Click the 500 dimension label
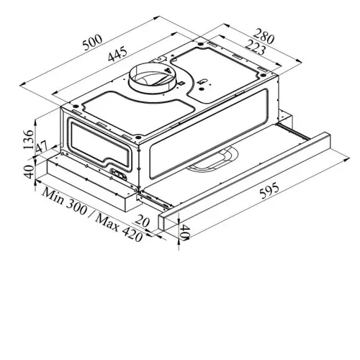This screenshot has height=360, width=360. (92, 42)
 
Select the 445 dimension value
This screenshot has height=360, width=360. (117, 55)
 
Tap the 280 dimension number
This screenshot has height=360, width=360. (264, 36)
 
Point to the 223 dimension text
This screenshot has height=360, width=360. (256, 47)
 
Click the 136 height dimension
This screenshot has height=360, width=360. (29, 140)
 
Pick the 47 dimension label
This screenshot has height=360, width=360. (42, 148)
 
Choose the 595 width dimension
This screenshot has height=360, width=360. (269, 191)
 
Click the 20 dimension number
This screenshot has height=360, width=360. (142, 221)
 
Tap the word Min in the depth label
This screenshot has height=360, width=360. (53, 196)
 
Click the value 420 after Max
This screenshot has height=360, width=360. (132, 235)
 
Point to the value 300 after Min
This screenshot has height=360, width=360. (76, 207)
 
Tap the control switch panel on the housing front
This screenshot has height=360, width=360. (118, 174)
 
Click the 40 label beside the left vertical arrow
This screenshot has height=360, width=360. (30, 171)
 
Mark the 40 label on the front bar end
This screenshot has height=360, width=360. (185, 232)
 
